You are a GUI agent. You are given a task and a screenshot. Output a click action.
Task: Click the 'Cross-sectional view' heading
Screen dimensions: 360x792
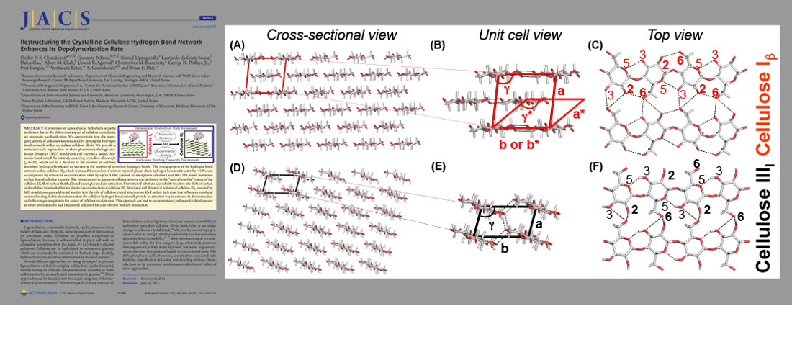pyautogui.click(x=331, y=35)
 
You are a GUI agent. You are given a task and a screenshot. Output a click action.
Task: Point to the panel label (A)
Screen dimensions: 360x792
pyautogui.click(x=237, y=45)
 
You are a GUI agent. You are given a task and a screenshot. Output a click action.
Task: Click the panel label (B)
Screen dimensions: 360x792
pyautogui.click(x=437, y=45)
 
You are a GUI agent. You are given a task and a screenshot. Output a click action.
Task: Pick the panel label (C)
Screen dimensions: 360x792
pyautogui.click(x=595, y=45)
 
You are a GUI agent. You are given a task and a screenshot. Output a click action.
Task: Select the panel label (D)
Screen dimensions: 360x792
pyautogui.click(x=237, y=168)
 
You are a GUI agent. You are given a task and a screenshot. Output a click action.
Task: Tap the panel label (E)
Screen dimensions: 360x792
pyautogui.click(x=437, y=168)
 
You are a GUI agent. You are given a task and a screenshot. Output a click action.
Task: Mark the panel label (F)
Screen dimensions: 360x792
pyautogui.click(x=595, y=168)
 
